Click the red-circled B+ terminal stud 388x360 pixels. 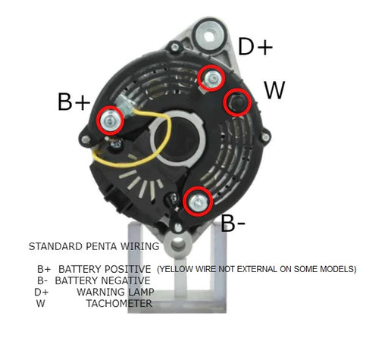(111, 121)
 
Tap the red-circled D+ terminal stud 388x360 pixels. (211, 78)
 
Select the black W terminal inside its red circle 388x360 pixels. (237, 102)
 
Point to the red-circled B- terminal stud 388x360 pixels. (198, 202)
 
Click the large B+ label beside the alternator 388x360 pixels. (74, 102)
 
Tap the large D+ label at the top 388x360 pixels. (255, 46)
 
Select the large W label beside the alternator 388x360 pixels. (274, 90)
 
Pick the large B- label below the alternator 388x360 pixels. (233, 224)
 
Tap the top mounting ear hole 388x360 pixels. (210, 36)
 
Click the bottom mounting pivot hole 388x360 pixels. (178, 246)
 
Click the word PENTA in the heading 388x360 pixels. (102, 246)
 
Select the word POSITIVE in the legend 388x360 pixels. (127, 269)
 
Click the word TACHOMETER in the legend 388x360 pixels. (119, 303)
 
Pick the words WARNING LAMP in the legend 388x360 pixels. (115, 292)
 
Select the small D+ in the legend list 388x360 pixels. (42, 293)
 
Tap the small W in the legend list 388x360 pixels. (41, 303)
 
